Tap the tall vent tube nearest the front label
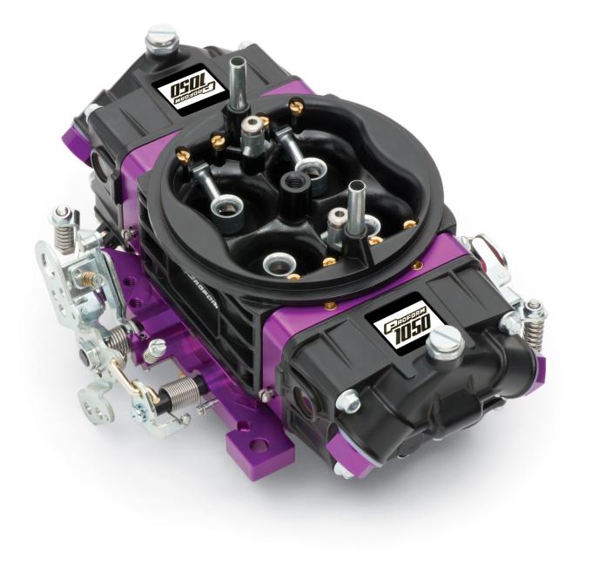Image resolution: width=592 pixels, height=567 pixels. (355, 206)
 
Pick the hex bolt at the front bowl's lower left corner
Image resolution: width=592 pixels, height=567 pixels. (348, 401)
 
